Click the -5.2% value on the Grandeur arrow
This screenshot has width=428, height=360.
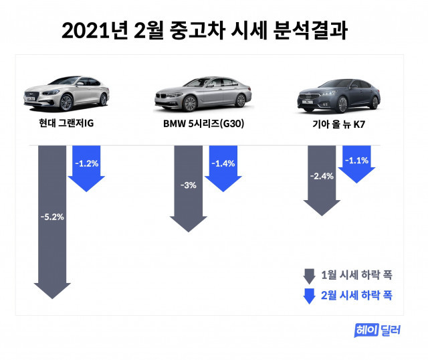coord(52,217)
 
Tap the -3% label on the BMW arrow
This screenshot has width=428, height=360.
coord(188,185)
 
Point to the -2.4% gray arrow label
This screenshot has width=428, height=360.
coord(322,177)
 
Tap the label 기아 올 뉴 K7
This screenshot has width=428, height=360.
coord(338,124)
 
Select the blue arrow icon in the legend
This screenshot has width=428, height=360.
coord(309,295)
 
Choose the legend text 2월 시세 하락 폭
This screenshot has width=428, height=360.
coord(356,295)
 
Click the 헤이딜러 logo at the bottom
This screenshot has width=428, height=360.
coord(379,329)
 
